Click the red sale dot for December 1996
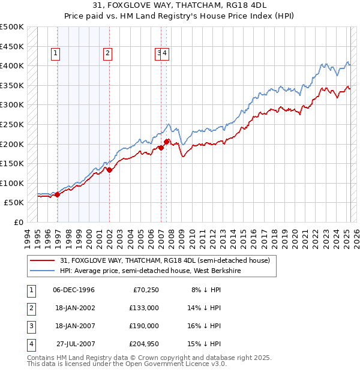[57, 194]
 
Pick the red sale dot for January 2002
[109, 170]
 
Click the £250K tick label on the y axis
[12, 125]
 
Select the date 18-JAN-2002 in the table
[74, 308]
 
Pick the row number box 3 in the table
[30, 326]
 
